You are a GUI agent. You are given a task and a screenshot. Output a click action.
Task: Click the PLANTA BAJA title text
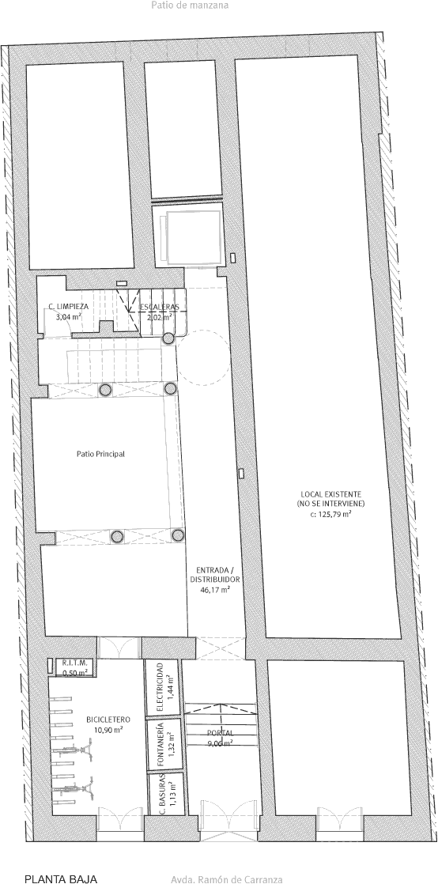[57, 879]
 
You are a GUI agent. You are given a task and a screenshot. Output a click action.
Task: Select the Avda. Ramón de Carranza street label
[226, 879]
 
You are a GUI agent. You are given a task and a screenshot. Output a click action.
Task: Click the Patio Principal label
[100, 454]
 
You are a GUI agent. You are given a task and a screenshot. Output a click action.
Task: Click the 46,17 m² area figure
[215, 590]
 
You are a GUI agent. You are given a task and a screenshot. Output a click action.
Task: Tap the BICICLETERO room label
[108, 720]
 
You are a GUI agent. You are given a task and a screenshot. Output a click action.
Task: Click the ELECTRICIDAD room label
[160, 687]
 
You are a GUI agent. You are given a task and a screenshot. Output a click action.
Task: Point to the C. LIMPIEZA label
[68, 307]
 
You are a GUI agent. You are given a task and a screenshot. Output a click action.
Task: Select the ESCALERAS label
[160, 307]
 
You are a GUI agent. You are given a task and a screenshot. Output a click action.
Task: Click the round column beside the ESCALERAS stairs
[168, 338]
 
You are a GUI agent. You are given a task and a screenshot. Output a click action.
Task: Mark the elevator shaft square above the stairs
[190, 236]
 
